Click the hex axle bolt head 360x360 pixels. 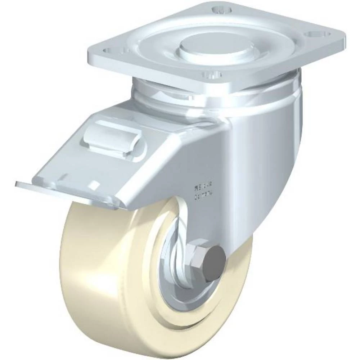point(215,258)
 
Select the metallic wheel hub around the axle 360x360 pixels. point(173,274)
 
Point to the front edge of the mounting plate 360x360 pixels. point(162,74)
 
